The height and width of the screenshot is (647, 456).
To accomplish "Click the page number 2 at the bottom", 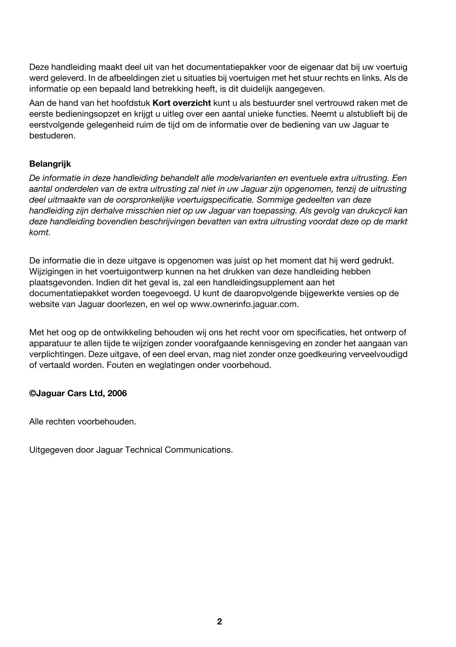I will pyautogui.click(x=219, y=622).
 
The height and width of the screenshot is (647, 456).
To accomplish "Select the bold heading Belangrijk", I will pyautogui.click(x=50, y=164).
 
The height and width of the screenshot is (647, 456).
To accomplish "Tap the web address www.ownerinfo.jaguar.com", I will pyautogui.click(x=244, y=304).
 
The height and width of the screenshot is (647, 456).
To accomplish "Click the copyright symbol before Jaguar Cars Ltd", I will pyautogui.click(x=32, y=393).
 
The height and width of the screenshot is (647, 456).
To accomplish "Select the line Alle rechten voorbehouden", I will pyautogui.click(x=83, y=422).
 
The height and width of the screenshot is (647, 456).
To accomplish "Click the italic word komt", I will pyautogui.click(x=40, y=232).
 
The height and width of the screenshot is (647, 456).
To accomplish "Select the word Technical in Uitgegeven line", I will pyautogui.click(x=143, y=450).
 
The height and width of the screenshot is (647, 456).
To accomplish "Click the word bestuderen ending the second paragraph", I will pyautogui.click(x=52, y=136).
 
